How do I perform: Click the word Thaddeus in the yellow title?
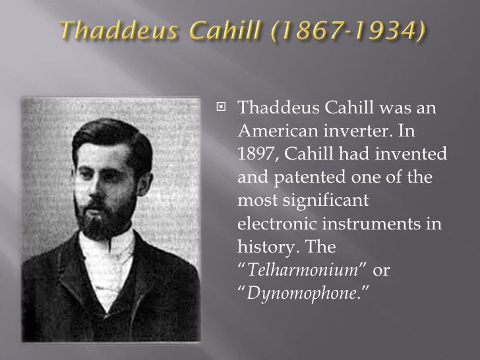[x=119, y=30]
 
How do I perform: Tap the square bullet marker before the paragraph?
[x=221, y=107]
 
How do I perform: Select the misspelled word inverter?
[x=357, y=131]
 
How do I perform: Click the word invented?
[x=411, y=154]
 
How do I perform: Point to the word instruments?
[x=371, y=224]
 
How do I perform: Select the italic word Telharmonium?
[x=303, y=270]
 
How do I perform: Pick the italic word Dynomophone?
[x=301, y=294]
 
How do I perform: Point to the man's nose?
[x=94, y=187]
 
